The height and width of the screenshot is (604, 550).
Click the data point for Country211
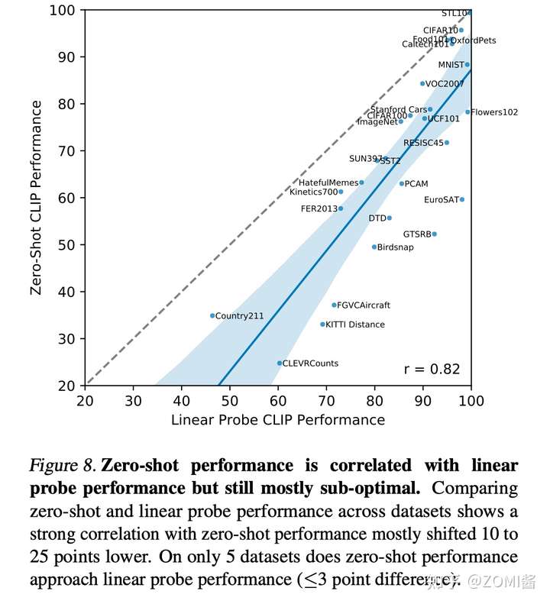click(212, 315)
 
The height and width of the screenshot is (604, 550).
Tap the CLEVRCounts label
click(310, 363)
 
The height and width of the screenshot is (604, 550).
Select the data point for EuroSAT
click(462, 199)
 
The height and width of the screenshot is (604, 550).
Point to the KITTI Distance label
click(355, 325)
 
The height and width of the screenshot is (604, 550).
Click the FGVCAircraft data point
click(334, 305)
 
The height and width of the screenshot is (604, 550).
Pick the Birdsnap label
click(396, 247)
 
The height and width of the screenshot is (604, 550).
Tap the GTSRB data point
click(435, 234)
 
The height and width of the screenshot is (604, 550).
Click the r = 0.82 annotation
click(432, 370)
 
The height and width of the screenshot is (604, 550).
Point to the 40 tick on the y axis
click(67, 292)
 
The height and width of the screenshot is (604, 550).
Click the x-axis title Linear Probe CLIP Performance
click(277, 419)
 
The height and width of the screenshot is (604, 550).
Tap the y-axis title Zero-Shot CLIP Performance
click(36, 197)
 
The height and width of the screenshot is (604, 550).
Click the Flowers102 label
click(494, 112)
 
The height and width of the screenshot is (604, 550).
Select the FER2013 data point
click(341, 208)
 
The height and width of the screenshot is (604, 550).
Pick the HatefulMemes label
click(328, 183)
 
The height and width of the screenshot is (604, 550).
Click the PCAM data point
click(402, 183)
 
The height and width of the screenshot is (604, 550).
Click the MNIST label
click(451, 65)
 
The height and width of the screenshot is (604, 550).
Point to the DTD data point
click(390, 218)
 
